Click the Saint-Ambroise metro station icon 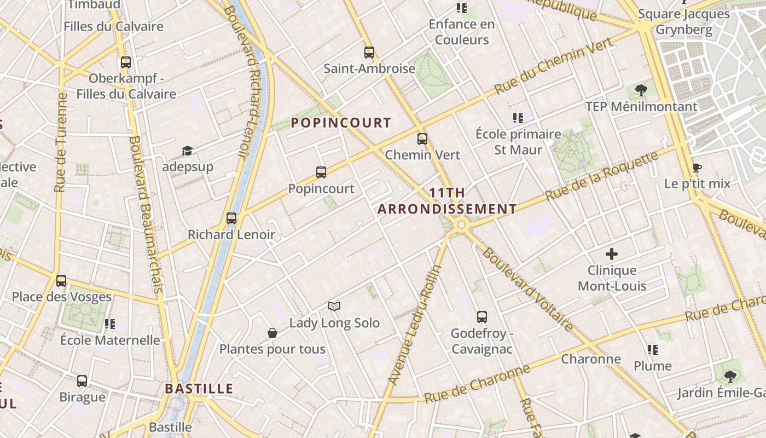369,53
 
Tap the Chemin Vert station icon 422,139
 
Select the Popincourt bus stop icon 321,172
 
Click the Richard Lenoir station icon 231,218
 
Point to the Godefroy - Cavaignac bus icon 482,316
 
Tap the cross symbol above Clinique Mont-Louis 612,254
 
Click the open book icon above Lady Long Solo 334,306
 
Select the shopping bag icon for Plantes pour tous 272,332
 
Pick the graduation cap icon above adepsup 188,151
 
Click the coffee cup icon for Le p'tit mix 697,168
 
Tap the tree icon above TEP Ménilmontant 641,90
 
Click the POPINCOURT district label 341,123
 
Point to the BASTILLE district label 199,389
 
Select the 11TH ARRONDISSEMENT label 447,201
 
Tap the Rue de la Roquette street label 602,176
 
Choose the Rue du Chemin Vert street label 553,67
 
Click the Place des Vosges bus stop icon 61,281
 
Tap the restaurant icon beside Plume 652,349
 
